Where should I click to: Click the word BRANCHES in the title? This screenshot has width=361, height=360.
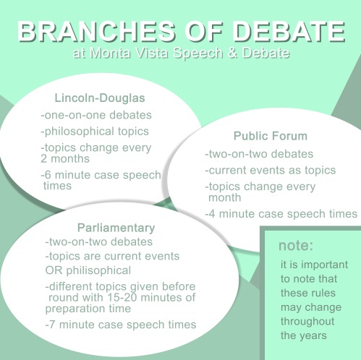coord(96,32)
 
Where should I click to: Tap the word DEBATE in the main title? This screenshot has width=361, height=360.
coord(289,32)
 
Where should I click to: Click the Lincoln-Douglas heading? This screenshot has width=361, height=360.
coord(100,98)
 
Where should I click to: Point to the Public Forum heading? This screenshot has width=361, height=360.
coord(271,136)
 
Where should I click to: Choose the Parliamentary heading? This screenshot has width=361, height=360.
coord(116,228)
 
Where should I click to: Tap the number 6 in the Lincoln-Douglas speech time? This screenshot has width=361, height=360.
coord(48,175)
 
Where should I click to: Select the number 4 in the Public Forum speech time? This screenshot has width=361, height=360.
coord(212,214)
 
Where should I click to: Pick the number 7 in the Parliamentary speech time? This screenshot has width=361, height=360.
coord(52,325)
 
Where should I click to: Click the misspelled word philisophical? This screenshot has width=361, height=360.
coord(98,270)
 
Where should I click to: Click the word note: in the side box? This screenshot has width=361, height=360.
coord(296,246)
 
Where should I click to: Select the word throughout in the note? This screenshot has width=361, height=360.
coord(307,322)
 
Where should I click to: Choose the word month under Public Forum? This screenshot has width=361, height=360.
coord(224,197)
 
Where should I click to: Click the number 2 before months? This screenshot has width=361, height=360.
coord(43,159)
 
